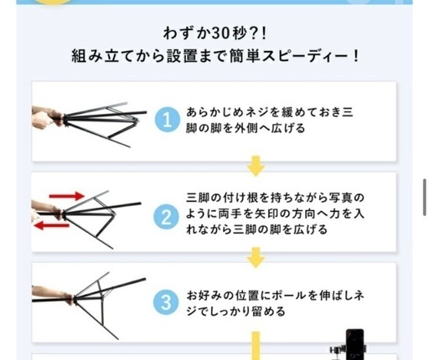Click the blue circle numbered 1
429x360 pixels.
(167, 120)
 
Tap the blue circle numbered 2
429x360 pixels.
(166, 217)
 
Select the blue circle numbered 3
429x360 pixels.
(166, 302)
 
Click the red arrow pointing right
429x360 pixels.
(66, 196)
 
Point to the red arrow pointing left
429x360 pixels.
(52, 225)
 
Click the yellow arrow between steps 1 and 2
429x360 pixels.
(256, 166)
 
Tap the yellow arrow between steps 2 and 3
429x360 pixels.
(256, 257)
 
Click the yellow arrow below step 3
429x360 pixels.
(256, 346)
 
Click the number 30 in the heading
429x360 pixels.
(221, 33)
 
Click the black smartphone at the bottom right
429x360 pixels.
(355, 344)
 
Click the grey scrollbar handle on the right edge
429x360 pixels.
(424, 197)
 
